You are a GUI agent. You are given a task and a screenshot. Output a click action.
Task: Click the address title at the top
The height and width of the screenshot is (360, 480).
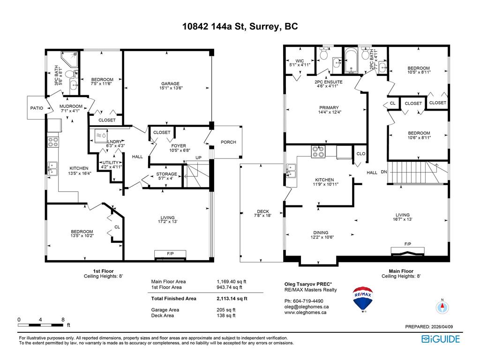point(240,27)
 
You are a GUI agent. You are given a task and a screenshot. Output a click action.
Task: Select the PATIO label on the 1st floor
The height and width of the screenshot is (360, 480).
point(37,108)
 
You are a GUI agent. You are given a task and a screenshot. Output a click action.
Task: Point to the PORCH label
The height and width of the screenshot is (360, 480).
point(228,142)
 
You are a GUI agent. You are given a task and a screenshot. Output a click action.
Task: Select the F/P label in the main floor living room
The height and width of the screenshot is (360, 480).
point(407,244)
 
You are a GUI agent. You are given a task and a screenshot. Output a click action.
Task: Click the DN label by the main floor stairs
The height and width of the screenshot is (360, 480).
point(384,172)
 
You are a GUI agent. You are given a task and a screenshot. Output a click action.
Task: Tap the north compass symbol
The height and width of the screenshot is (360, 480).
point(442,307)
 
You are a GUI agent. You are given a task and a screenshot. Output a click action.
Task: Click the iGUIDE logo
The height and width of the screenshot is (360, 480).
point(441,339)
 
